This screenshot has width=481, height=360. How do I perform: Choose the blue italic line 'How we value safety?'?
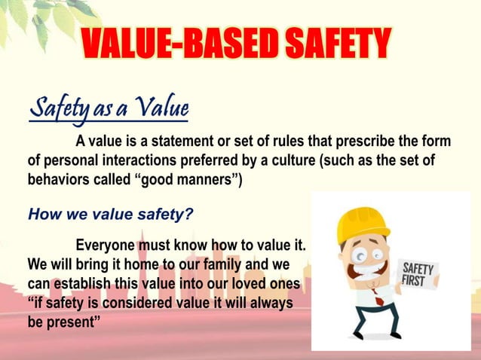(x=110, y=214)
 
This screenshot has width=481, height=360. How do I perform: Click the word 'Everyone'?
(x=108, y=246)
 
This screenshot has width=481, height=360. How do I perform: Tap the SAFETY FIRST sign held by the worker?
(x=417, y=273)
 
